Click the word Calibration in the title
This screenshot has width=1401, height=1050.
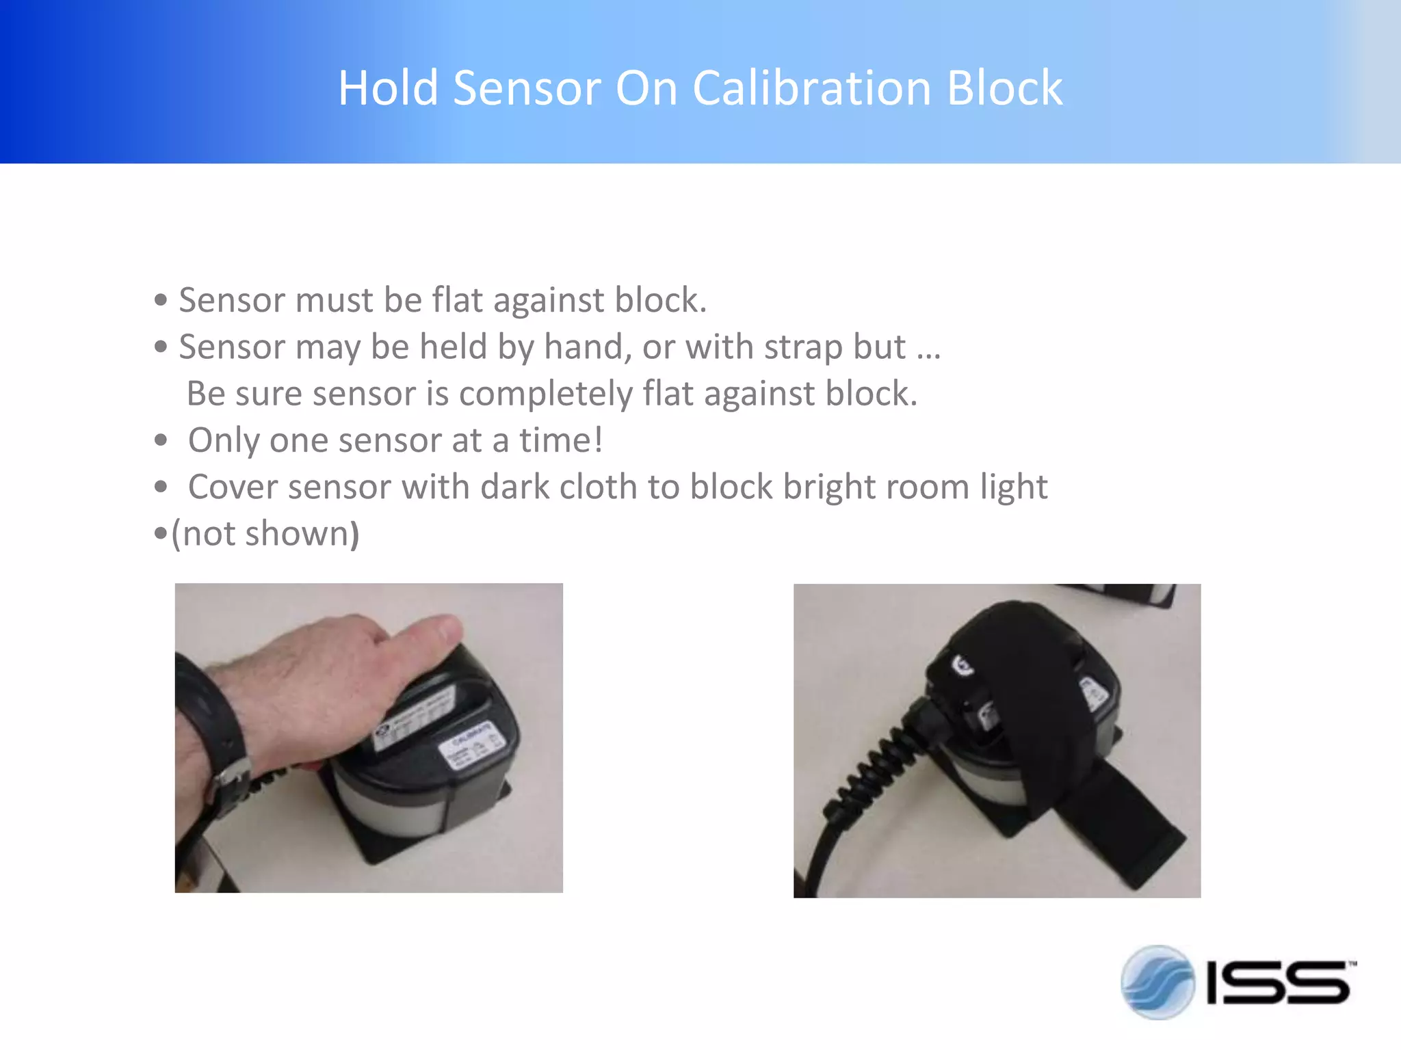(812, 89)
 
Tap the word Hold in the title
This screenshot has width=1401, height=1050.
(388, 89)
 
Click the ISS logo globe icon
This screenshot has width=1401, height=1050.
(1157, 982)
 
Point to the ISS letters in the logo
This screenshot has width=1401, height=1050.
(1278, 983)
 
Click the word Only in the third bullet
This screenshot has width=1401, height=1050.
(224, 440)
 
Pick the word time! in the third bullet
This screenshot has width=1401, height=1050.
(561, 440)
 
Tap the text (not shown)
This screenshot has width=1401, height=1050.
(265, 534)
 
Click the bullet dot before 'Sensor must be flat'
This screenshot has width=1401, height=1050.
(161, 300)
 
